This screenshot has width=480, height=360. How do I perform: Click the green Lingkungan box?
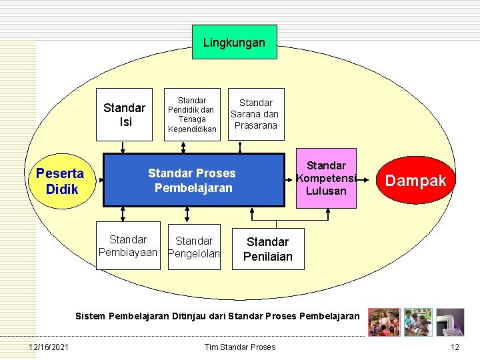coord(234,42)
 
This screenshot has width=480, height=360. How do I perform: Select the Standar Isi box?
coord(124,115)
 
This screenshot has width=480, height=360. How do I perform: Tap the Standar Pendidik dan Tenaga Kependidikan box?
coord(192,115)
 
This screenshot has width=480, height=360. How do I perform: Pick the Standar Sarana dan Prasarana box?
coord(256,113)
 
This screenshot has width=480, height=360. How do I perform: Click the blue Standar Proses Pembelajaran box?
coord(191,180)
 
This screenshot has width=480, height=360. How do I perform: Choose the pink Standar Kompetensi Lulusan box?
coord(326,178)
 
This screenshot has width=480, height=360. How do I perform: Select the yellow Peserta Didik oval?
coord(61,181)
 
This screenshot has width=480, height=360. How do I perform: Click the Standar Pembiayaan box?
coord(128,245)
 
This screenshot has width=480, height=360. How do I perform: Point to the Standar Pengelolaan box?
coord(193,246)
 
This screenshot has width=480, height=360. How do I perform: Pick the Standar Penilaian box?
coord(267,249)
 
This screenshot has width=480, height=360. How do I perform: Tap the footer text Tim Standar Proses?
coord(240,347)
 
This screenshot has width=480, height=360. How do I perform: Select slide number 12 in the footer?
coord(455,347)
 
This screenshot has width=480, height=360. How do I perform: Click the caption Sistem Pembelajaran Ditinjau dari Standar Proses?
coord(217,315)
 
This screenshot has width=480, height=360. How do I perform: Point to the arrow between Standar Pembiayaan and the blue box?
coord(123,213)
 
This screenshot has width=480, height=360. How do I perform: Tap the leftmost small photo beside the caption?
coord(383,322)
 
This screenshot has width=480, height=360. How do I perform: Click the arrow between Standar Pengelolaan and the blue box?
coord(187,213)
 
